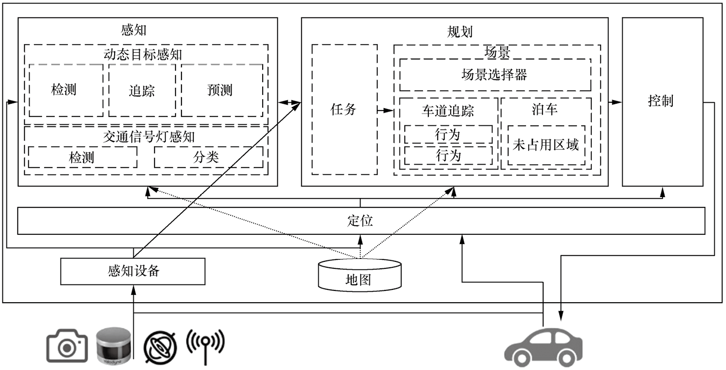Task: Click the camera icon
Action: tap(67, 346)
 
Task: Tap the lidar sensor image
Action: tap(114, 346)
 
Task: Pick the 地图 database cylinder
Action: tap(360, 275)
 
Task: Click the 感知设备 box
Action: tap(133, 271)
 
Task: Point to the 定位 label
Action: tap(360, 221)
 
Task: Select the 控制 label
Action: tap(661, 101)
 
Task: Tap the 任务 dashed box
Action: tap(344, 110)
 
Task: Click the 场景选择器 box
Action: tap(495, 75)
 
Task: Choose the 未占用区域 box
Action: tap(546, 145)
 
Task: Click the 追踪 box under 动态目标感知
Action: tap(142, 90)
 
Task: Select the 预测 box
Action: tap(222, 90)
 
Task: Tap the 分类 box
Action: tap(209, 157)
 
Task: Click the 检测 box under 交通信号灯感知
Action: tap(83, 157)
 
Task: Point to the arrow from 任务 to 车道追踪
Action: tap(385, 111)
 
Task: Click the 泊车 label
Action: tap(545, 110)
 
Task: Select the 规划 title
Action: tap(459, 32)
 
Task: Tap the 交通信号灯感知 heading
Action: tap(149, 137)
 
